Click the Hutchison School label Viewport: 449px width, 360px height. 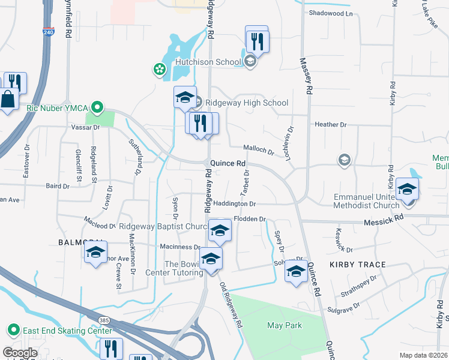(x=207, y=62)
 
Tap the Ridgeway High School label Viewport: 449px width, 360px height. (x=247, y=103)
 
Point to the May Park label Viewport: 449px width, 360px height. (x=285, y=325)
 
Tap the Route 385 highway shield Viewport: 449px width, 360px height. (x=103, y=320)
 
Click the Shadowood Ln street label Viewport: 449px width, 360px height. (x=331, y=13)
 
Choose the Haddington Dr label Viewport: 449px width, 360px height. (x=234, y=204)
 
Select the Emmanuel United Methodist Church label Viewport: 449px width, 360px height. (x=366, y=202)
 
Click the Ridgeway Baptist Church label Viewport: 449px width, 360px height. (x=163, y=226)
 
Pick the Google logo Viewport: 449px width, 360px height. (x=20, y=353)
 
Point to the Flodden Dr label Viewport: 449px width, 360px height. (x=250, y=219)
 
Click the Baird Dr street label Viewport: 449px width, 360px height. (x=57, y=187)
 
